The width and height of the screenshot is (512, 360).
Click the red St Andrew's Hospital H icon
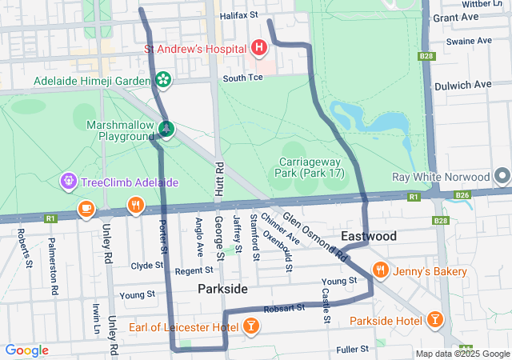tap(258, 49)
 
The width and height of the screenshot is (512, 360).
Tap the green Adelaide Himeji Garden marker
tap(163, 80)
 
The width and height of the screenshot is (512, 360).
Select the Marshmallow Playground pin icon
tap(166, 128)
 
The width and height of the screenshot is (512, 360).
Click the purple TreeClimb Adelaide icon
tap(67, 182)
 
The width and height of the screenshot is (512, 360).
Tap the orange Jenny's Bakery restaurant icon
tap(380, 271)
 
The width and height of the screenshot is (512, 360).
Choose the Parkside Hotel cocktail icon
tap(434, 321)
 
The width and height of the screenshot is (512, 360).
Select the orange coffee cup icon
tap(86, 209)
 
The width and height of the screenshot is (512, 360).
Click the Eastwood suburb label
tap(368, 237)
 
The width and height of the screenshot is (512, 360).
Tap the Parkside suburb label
tap(222, 288)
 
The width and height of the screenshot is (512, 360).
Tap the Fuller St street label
tap(352, 349)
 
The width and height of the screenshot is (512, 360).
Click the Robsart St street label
tap(289, 307)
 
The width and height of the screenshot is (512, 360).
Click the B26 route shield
tap(462, 194)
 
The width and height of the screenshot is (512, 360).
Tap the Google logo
tap(26, 350)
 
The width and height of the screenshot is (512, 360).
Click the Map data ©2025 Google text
tap(462, 354)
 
